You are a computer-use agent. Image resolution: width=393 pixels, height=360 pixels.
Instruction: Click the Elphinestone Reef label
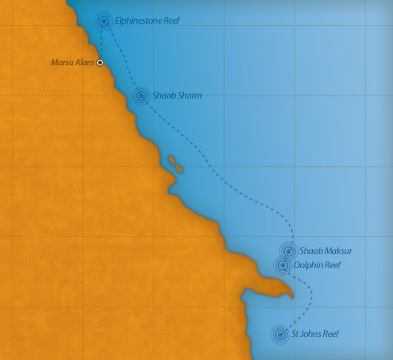click(147, 21)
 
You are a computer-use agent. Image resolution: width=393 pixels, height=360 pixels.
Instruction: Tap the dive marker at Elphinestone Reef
click(104, 21)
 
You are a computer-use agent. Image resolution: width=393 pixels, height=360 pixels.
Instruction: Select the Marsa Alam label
click(72, 63)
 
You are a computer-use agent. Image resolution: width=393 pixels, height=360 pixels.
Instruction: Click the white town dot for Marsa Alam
click(100, 63)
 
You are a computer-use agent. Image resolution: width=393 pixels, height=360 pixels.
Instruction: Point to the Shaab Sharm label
click(176, 96)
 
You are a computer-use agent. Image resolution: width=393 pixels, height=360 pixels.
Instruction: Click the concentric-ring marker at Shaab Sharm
click(141, 96)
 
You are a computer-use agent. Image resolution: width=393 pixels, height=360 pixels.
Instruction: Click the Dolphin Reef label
click(317, 264)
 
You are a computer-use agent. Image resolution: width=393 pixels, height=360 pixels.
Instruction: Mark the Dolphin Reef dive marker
click(283, 264)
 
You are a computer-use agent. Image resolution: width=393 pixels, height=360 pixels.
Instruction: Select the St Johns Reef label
click(315, 334)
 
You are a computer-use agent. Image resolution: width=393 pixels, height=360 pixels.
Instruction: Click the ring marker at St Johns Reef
click(280, 334)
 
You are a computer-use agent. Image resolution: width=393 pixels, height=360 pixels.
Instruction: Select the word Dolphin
click(308, 264)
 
